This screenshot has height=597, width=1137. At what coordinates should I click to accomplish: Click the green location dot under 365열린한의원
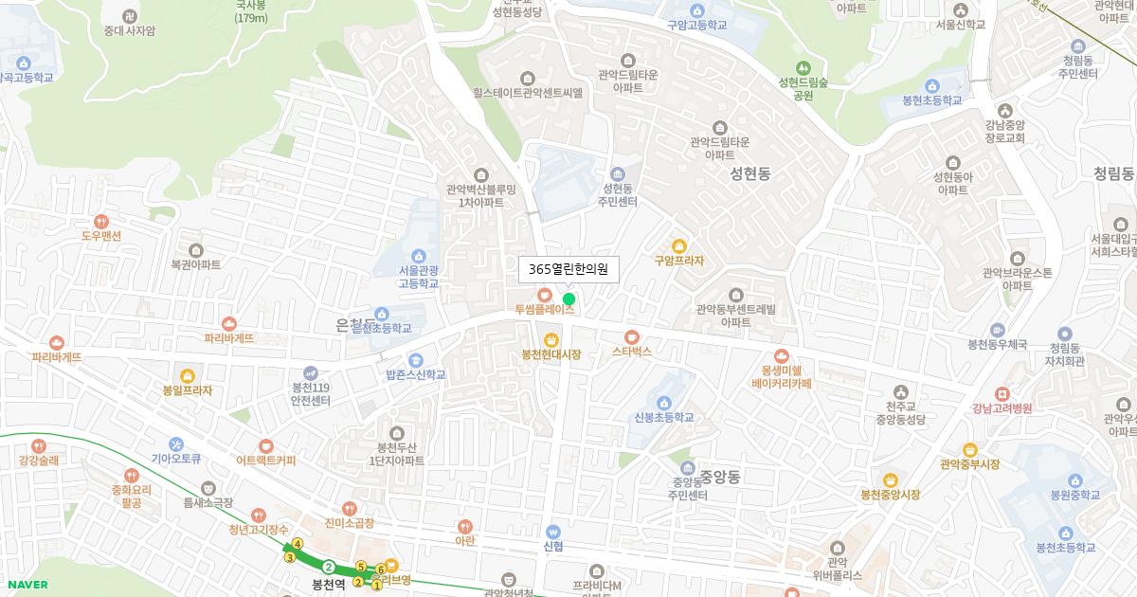(x=568, y=299)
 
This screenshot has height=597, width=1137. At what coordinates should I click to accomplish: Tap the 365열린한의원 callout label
(x=568, y=270)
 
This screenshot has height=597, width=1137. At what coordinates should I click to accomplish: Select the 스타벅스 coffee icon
(x=632, y=336)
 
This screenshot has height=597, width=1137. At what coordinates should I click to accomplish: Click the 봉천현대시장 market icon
(x=551, y=340)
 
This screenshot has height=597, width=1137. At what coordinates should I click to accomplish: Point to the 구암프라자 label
(x=679, y=261)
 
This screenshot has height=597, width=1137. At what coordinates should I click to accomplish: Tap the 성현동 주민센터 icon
(x=619, y=174)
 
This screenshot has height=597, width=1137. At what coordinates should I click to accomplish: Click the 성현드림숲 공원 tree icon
(x=803, y=68)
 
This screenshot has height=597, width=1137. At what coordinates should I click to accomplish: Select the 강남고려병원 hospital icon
(x=1002, y=394)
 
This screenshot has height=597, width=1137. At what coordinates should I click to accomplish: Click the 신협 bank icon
(x=554, y=532)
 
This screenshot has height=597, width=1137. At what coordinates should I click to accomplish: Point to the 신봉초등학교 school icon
(x=664, y=403)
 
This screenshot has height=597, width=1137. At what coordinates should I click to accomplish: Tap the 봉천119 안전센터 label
(x=311, y=393)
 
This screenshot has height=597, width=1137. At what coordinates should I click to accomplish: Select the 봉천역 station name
(x=329, y=585)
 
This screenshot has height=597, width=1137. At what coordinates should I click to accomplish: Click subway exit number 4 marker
(x=298, y=544)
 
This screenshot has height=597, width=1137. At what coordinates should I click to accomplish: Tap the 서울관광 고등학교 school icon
(x=419, y=256)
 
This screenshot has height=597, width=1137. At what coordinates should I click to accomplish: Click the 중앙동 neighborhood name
(x=720, y=477)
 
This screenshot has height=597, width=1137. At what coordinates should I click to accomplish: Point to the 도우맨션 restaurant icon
(x=101, y=222)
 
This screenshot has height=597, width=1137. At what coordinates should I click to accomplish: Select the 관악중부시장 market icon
(x=969, y=450)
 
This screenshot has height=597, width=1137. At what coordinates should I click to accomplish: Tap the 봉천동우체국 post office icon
(x=997, y=329)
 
